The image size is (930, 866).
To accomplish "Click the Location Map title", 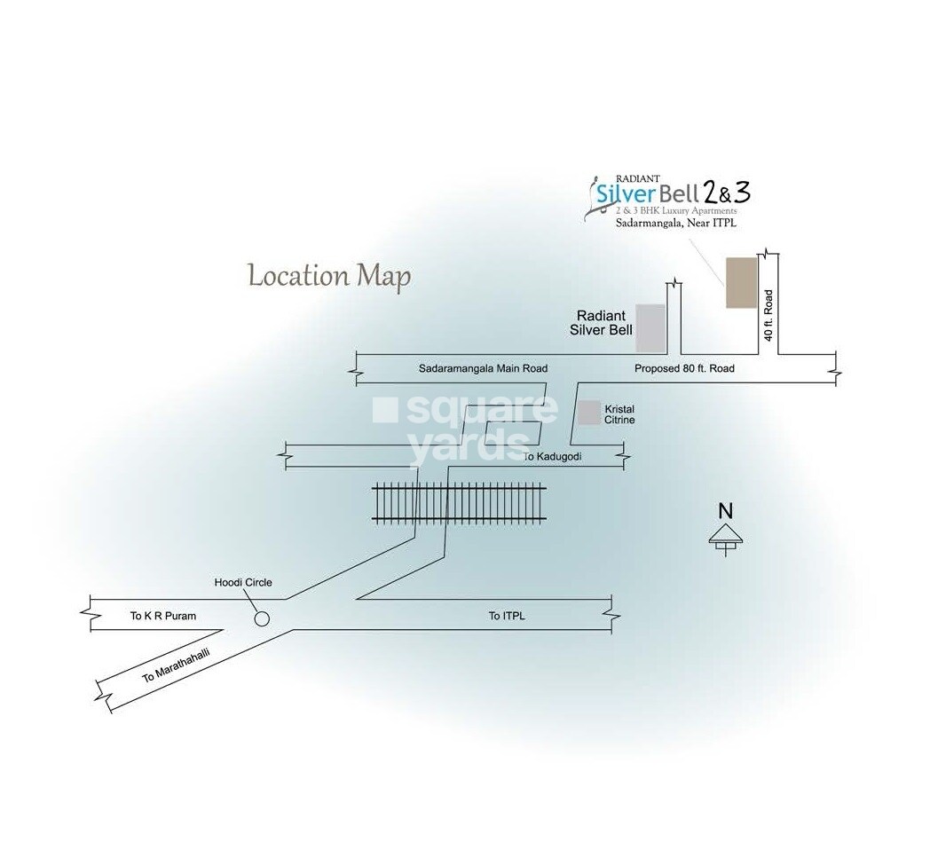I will coord(329,276).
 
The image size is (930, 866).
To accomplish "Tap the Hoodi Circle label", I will coord(243,583).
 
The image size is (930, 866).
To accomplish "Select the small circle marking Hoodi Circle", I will coord(262,619).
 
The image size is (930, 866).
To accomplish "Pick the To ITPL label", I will coord(507,616).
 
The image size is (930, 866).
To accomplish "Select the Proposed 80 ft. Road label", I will coord(684,367).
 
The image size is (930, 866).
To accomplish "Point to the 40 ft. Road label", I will coord(769,315).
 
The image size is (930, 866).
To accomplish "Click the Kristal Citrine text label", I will coord(619,414).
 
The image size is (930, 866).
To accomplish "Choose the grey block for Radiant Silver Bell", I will coord(650,327).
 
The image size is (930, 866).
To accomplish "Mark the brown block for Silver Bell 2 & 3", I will coord(740,283).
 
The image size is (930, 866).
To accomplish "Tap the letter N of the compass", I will coord(726,511).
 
